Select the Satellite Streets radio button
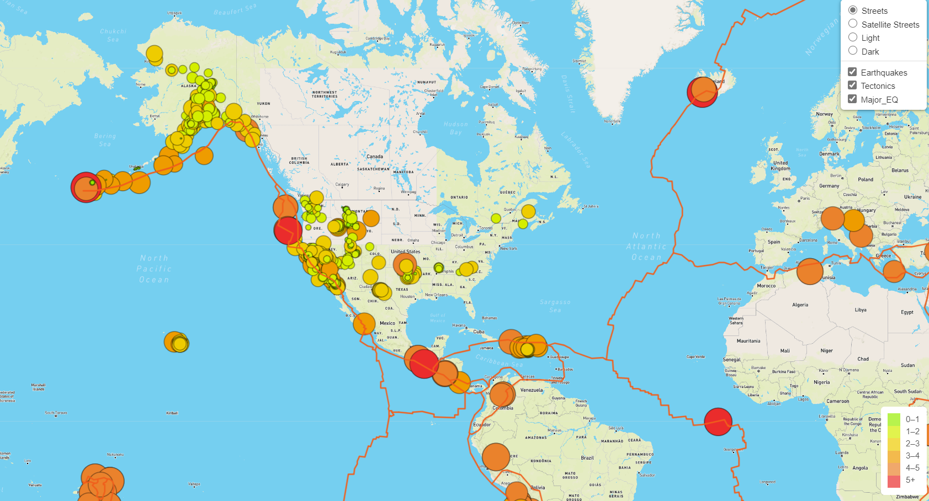tap(853, 24)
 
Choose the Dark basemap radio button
tap(853, 51)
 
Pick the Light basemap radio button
tap(853, 38)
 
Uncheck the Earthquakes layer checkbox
tap(852, 72)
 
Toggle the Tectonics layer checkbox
tap(852, 86)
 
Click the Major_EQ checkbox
tap(852, 99)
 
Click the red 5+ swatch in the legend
tap(894, 480)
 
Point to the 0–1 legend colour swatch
tap(894, 419)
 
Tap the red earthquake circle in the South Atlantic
tap(718, 422)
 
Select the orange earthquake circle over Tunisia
tap(810, 271)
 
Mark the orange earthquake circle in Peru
tap(496, 457)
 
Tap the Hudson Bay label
tap(455, 128)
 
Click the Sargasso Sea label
tap(555, 306)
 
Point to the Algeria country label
tap(800, 305)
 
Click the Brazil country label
tap(587, 458)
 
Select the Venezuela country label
tap(532, 390)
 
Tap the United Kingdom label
tap(781, 166)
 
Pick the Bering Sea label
tap(105, 140)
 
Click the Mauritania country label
tap(748, 341)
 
